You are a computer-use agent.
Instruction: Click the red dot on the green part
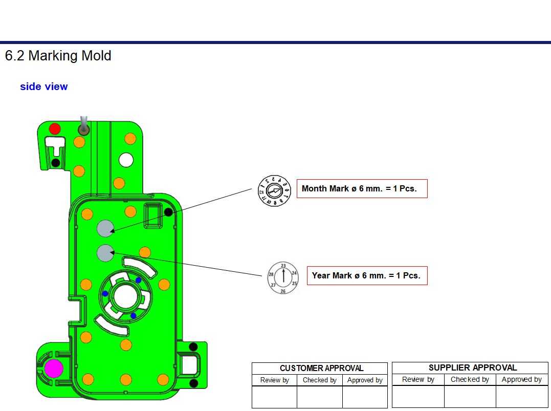coord(55,128)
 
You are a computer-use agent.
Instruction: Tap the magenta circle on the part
coord(54,368)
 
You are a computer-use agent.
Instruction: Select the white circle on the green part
coord(126,160)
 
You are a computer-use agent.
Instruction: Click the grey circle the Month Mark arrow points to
coord(105,228)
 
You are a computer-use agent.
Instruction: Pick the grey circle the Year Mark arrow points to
coord(105,253)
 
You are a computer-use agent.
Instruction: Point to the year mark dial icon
coord(283,278)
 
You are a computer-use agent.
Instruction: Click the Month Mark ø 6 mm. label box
coord(362,188)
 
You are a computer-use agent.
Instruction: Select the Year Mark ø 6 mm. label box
coord(366,275)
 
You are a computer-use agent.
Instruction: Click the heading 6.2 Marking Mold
coord(58,56)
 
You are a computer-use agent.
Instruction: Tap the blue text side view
coord(43,86)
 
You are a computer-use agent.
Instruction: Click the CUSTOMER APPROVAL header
coord(321,368)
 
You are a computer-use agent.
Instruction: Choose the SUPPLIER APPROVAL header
coord(472,367)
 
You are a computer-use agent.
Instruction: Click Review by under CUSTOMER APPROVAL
coord(274,380)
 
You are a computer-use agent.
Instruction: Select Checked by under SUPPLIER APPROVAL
coord(470,379)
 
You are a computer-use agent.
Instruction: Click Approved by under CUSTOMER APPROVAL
coord(365,380)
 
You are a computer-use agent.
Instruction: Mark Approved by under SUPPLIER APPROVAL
coord(521,379)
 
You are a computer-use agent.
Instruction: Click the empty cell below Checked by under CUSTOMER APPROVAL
coord(319,397)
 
